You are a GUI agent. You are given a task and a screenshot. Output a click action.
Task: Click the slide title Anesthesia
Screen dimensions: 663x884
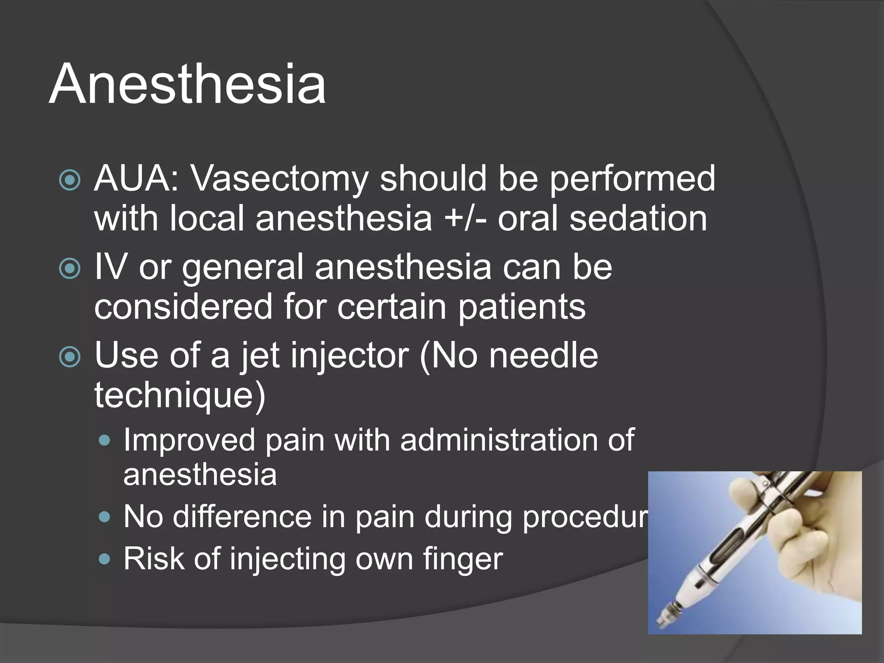point(187,84)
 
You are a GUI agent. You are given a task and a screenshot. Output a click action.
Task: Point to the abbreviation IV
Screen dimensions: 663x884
point(110,267)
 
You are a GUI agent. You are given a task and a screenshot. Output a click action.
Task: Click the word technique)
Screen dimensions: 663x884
point(180,395)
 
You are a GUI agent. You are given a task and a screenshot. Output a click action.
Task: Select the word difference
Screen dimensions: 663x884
point(242,516)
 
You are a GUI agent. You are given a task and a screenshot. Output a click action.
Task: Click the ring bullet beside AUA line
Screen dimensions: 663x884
point(69,180)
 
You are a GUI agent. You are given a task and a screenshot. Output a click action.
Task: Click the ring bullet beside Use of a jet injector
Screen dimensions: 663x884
point(69,357)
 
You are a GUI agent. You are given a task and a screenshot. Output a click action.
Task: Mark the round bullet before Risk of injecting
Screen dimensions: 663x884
point(104,559)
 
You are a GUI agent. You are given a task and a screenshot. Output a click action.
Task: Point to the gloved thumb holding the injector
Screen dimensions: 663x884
point(742,488)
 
